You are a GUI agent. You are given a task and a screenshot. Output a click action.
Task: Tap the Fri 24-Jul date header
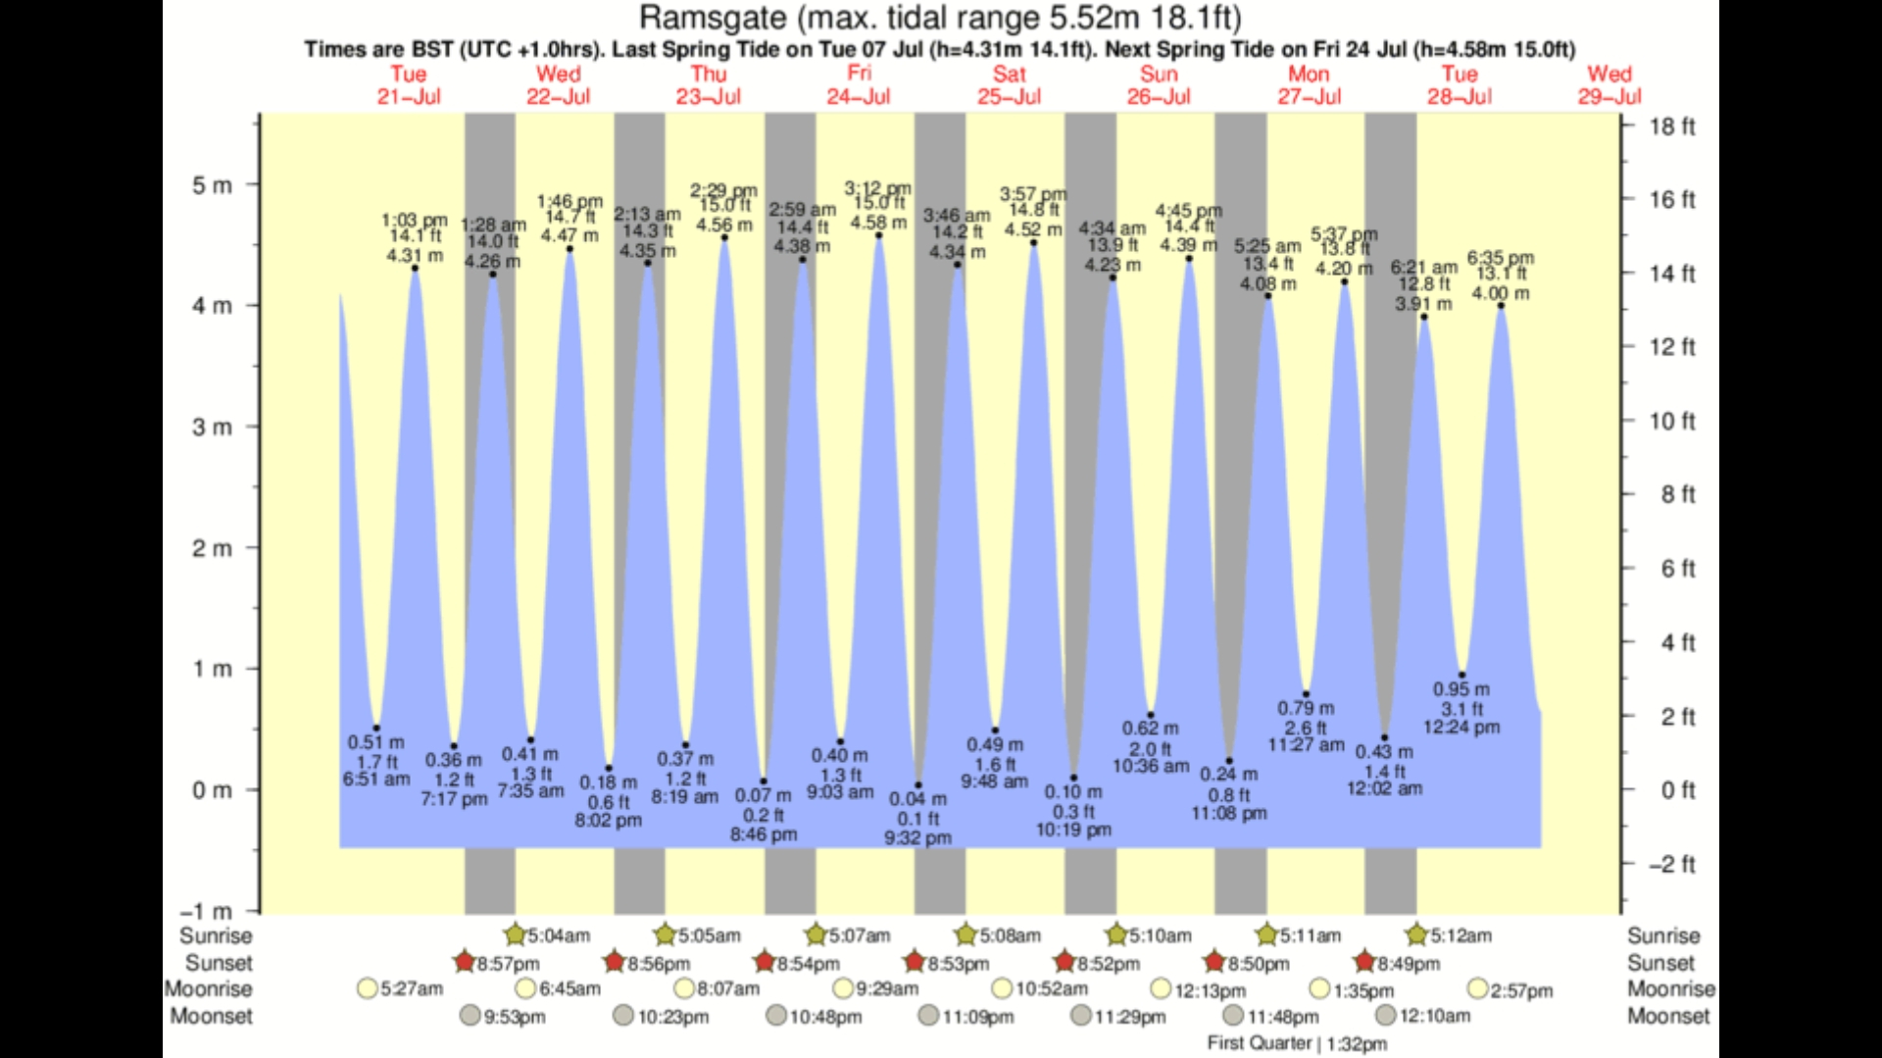tap(859, 85)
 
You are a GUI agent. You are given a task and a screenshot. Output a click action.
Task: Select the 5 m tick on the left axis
tap(212, 185)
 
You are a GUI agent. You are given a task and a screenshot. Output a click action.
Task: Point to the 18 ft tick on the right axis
tap(1671, 126)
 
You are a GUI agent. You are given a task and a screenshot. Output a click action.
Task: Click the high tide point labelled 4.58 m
tap(878, 235)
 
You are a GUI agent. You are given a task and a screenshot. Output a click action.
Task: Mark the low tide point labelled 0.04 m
tap(918, 785)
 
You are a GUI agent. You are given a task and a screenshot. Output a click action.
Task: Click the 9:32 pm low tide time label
tap(917, 838)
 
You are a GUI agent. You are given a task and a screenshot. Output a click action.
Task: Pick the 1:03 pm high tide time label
tap(414, 221)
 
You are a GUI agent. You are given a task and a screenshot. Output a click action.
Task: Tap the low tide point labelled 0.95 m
tap(1461, 675)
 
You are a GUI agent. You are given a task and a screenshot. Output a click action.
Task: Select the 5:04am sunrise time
tap(559, 935)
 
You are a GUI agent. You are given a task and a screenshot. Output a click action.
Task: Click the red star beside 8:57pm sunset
tap(465, 961)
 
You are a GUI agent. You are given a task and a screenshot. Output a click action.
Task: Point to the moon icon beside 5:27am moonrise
tap(368, 988)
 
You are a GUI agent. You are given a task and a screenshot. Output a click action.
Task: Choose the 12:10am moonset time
tap(1434, 1016)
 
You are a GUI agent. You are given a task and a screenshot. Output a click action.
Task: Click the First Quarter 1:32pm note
tap(1297, 1043)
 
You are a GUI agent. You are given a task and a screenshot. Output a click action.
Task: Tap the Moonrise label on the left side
tap(209, 988)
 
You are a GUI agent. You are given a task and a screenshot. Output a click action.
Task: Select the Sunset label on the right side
tap(1660, 963)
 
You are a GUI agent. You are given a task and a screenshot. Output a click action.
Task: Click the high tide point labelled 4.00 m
tap(1501, 306)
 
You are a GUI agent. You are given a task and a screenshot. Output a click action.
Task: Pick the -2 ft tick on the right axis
tap(1671, 864)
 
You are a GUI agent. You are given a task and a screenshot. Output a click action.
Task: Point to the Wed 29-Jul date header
tap(1610, 85)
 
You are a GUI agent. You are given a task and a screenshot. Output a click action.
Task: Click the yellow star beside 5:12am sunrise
tap(1415, 933)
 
